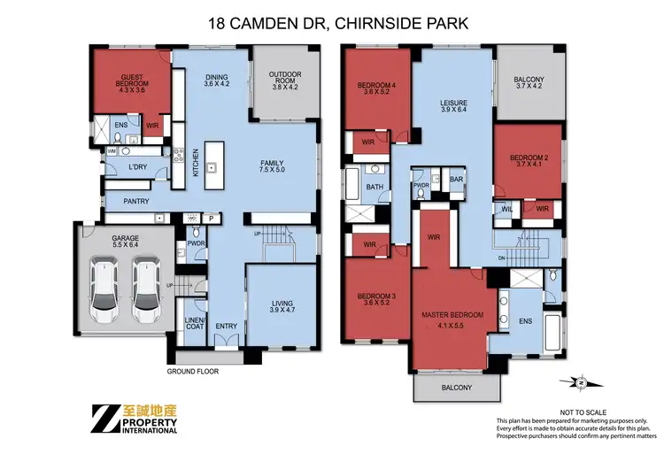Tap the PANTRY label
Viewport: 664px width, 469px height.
pyautogui.click(x=135, y=202)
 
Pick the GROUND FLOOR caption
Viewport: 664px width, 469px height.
pyautogui.click(x=193, y=372)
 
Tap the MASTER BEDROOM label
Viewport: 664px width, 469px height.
pyautogui.click(x=452, y=319)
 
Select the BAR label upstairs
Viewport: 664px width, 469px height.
pyautogui.click(x=457, y=180)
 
